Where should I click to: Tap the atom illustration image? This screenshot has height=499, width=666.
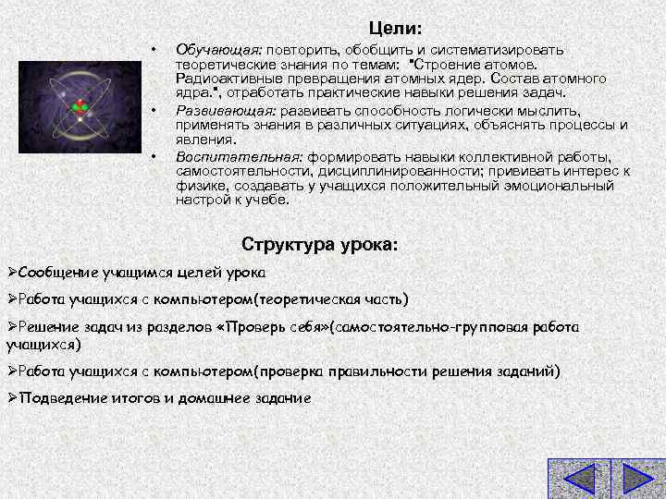[x=80, y=105]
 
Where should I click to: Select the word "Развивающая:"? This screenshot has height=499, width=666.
[x=221, y=111]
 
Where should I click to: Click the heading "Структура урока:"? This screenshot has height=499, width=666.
[x=320, y=245]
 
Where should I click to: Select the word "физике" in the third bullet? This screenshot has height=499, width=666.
[x=197, y=185]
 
